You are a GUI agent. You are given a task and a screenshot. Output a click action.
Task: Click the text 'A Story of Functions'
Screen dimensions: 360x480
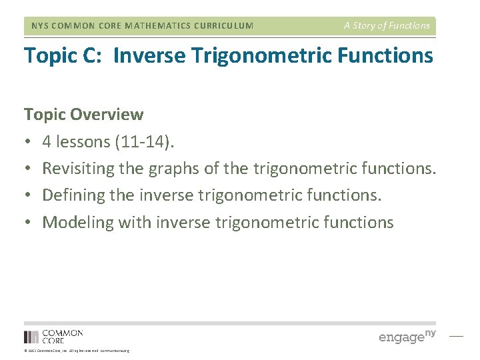387,26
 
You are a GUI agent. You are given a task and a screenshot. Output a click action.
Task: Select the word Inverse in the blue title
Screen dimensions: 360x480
148,55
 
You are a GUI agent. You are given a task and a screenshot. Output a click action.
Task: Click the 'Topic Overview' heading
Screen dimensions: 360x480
83,115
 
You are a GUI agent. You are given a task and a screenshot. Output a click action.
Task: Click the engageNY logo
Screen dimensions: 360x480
407,336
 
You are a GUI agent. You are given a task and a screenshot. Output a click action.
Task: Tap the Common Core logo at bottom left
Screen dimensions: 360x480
53,336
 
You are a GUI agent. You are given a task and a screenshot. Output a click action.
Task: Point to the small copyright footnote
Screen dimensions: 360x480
77,351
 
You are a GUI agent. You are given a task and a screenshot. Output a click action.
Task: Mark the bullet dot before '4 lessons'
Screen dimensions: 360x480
28,142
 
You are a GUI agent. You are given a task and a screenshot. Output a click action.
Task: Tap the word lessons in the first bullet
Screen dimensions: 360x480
76,141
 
